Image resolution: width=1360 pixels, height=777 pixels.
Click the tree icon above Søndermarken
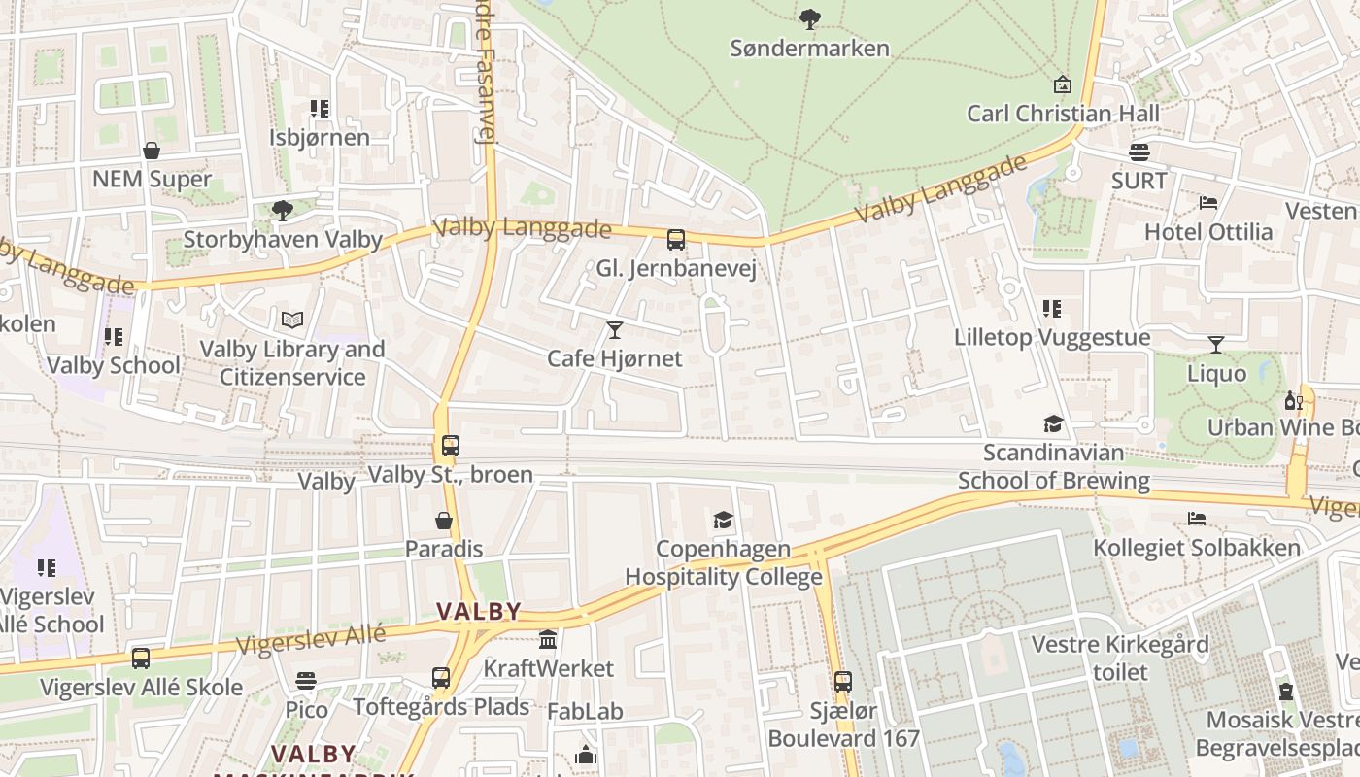(x=809, y=18)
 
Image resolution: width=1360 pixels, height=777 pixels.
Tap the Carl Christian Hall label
(x=1063, y=114)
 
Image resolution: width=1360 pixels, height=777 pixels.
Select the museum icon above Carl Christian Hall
(x=1062, y=84)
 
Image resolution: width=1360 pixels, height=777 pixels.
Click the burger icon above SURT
(x=1139, y=152)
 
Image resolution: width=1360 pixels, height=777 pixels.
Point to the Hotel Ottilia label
(x=1208, y=232)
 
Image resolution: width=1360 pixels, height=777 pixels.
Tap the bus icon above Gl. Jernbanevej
(x=676, y=239)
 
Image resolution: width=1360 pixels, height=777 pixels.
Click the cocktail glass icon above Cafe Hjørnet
(x=614, y=330)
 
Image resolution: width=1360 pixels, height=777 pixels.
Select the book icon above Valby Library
(x=291, y=320)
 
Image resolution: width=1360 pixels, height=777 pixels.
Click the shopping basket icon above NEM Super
(x=152, y=151)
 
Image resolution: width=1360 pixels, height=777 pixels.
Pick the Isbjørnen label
(x=320, y=137)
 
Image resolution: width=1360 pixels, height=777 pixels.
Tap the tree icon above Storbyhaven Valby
(x=282, y=210)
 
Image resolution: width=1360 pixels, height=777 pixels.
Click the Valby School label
(x=114, y=366)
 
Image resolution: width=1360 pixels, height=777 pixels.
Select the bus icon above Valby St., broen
(x=450, y=446)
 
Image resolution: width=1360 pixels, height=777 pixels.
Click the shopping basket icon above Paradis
(x=444, y=521)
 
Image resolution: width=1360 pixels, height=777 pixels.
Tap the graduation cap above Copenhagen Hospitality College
(x=723, y=521)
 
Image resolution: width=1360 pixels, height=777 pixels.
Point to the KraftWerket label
(x=549, y=669)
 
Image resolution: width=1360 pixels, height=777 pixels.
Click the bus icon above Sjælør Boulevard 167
(x=843, y=682)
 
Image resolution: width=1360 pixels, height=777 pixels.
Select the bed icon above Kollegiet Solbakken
(x=1197, y=520)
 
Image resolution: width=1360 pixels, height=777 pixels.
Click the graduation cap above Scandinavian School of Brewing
(x=1053, y=423)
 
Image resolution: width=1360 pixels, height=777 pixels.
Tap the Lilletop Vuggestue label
(x=1052, y=338)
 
